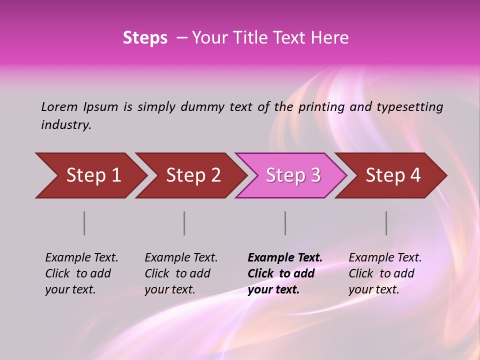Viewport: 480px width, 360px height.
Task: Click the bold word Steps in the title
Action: click(145, 38)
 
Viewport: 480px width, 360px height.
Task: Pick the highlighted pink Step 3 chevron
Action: click(293, 175)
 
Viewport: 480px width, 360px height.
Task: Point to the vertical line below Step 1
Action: click(84, 223)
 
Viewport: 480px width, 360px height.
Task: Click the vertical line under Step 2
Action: click(184, 223)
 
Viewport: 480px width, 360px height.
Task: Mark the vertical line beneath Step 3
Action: click(285, 223)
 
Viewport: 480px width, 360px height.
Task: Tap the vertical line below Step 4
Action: click(386, 223)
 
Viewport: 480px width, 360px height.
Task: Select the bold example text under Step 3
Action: click(285, 273)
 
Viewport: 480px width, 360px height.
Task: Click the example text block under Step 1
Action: click(81, 273)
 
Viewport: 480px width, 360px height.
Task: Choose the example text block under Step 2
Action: click(181, 273)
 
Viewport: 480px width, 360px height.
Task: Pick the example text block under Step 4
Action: click(385, 273)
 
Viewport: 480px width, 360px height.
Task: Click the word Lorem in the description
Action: click(59, 106)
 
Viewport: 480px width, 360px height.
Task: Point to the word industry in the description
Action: click(66, 125)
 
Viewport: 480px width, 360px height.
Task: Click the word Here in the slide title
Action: click(329, 38)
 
